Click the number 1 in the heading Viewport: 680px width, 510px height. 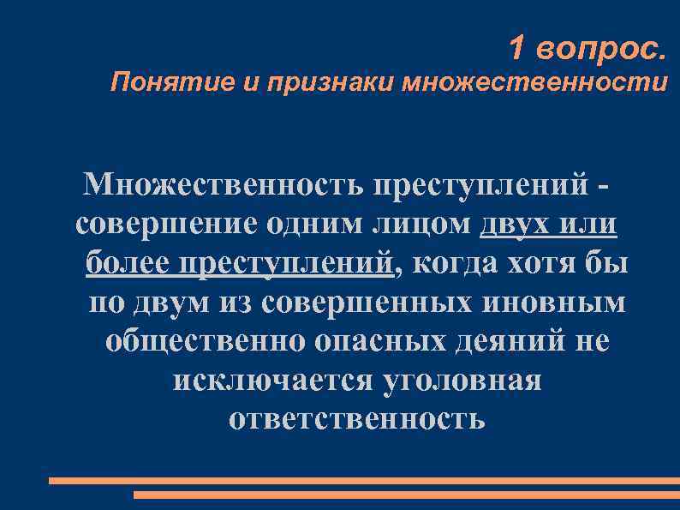(516, 49)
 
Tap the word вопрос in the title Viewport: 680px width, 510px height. (599, 50)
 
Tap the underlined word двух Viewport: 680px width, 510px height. (516, 224)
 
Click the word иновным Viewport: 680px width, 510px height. (565, 303)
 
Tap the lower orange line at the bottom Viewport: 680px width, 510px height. (407, 495)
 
